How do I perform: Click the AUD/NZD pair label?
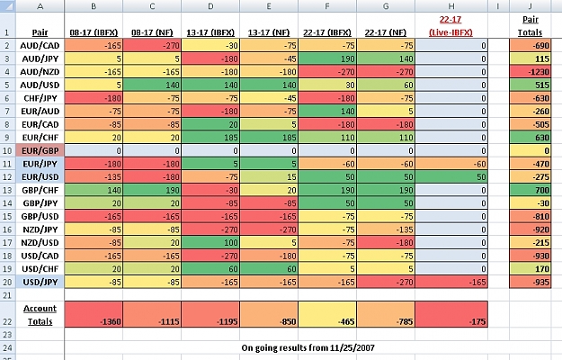pyautogui.click(x=40, y=72)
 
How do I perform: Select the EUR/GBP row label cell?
pyautogui.click(x=40, y=150)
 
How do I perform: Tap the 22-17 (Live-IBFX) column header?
pyautogui.click(x=450, y=26)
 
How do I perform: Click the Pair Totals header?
pyautogui.click(x=531, y=26)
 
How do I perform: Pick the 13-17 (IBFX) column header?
pyautogui.click(x=210, y=32)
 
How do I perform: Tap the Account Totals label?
pyautogui.click(x=40, y=315)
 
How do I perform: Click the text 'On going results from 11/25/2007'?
pyautogui.click(x=308, y=347)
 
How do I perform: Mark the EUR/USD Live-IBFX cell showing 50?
pyautogui.click(x=451, y=176)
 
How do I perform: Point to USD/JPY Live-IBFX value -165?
pyautogui.click(x=451, y=283)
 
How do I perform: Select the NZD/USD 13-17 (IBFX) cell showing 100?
pyautogui.click(x=210, y=243)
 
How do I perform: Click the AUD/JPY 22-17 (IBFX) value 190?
pyautogui.click(x=327, y=58)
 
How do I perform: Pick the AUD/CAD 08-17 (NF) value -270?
pyautogui.click(x=152, y=46)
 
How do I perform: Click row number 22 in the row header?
pyautogui.click(x=7, y=321)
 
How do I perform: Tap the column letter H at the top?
pyautogui.click(x=451, y=6)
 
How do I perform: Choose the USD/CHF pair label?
pyautogui.click(x=40, y=269)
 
